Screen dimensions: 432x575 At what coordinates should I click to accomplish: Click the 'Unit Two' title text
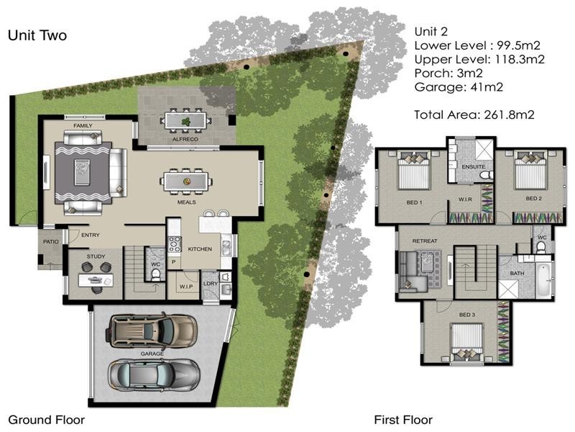pos(37,35)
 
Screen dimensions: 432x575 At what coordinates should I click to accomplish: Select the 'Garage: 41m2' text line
pos(457,87)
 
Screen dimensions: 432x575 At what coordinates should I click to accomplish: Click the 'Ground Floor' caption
pos(46,419)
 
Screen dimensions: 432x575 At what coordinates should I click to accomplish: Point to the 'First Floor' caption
pos(403,419)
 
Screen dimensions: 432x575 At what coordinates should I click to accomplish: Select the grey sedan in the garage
pos(154,373)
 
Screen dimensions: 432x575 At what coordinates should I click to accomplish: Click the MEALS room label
pos(187,202)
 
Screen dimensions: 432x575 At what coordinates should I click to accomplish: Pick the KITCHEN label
pos(199,248)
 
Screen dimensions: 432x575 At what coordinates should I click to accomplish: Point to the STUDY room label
pos(96,256)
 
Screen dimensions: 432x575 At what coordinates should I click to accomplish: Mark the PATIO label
pos(50,241)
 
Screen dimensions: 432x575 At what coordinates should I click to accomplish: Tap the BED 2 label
pos(533,198)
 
